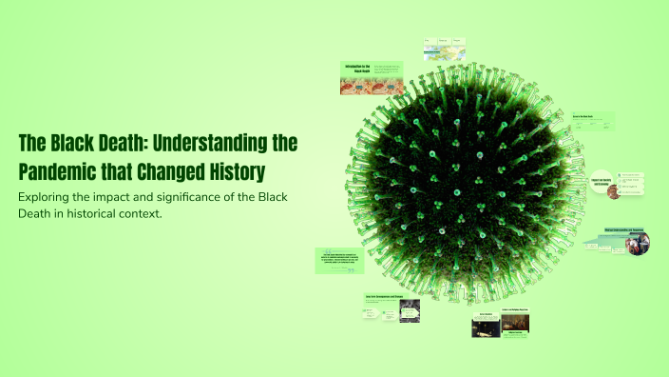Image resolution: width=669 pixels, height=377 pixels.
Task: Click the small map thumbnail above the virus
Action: (444, 50)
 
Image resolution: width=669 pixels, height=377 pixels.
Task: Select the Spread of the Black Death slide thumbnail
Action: (591, 123)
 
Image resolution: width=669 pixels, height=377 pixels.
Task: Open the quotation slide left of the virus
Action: (339, 261)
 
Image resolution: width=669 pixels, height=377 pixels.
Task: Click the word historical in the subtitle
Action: (84, 213)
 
